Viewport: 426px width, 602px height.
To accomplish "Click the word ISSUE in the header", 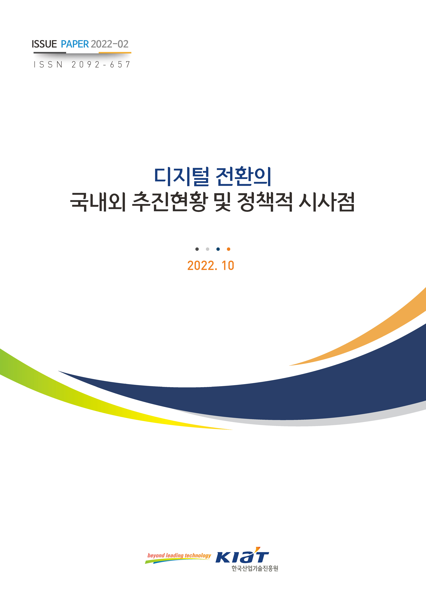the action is [44, 44].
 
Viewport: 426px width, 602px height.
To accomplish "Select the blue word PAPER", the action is [75, 44].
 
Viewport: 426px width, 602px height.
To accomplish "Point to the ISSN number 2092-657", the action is [101, 64].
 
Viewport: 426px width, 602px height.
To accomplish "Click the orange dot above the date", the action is [228, 249].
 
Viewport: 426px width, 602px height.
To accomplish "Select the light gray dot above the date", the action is [207, 249].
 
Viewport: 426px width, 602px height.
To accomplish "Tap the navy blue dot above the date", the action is [218, 249].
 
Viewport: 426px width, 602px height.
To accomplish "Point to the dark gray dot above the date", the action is [197, 249].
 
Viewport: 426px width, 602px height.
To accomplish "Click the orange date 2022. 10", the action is [211, 266].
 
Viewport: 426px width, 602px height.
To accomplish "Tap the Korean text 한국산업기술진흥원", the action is [255, 568].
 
